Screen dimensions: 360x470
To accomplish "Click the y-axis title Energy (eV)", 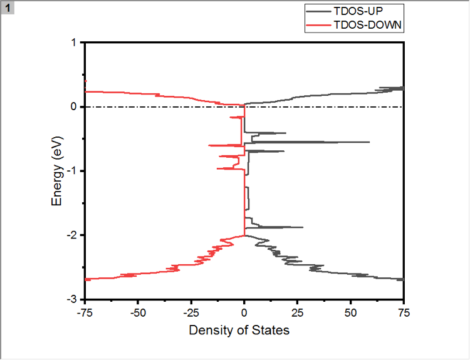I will [x=58, y=171].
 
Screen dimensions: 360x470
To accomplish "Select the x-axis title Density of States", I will [x=239, y=329].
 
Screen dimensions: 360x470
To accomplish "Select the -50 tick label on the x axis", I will [x=138, y=311].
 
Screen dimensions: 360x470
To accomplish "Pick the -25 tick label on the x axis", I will [x=191, y=311].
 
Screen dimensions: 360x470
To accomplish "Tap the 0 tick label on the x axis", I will [x=244, y=311].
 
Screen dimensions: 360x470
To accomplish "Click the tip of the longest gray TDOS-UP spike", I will [x=369, y=142].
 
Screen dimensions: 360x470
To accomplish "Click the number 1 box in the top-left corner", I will [x=7, y=6].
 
